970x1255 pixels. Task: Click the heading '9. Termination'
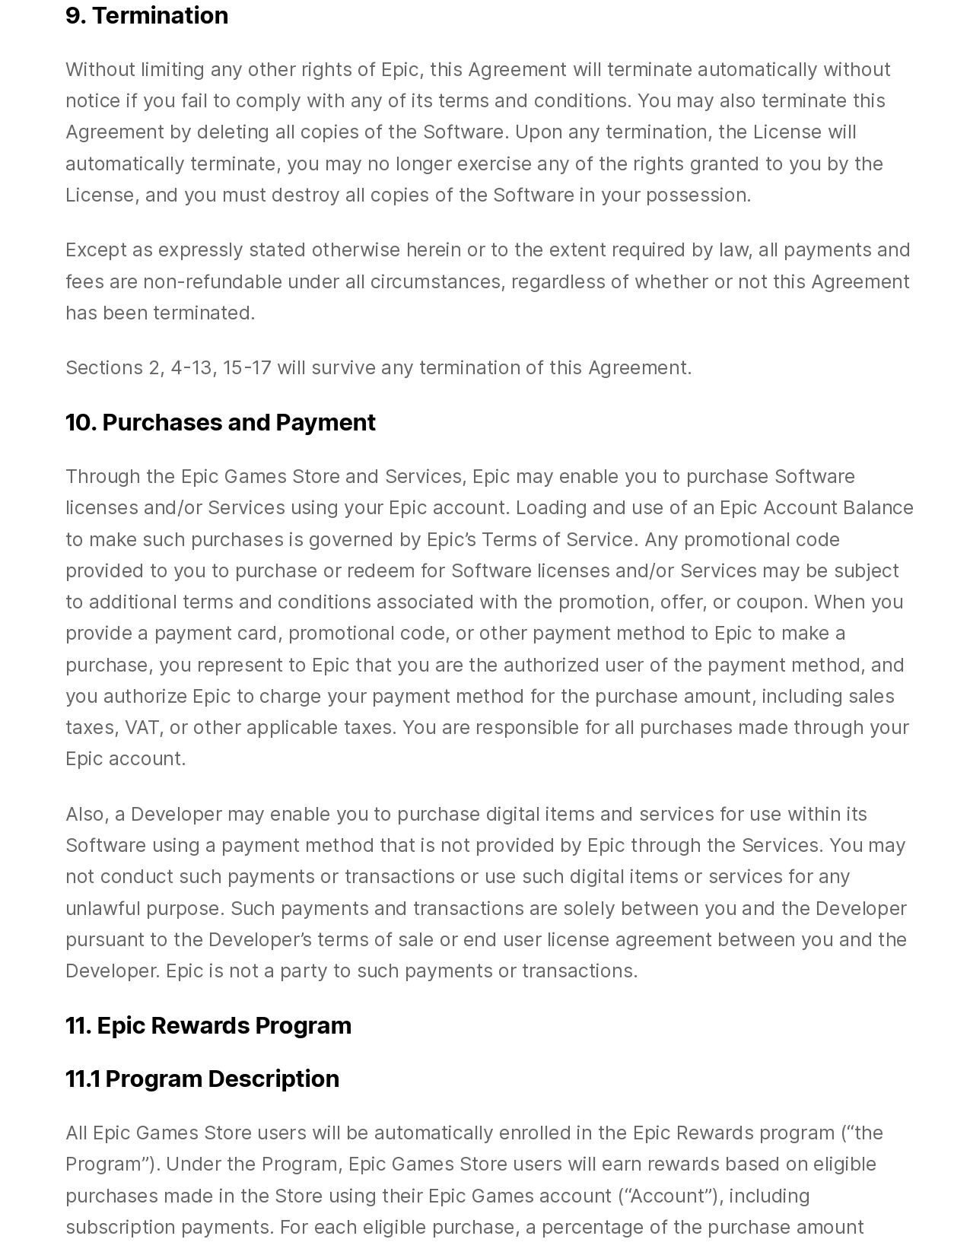click(x=147, y=15)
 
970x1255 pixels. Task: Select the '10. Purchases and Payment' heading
click(x=221, y=422)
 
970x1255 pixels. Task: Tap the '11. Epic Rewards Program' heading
click(x=208, y=1025)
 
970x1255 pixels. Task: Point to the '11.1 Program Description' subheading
click(x=202, y=1079)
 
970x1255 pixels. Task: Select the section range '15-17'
click(x=247, y=368)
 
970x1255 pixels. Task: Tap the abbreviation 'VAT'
click(x=142, y=728)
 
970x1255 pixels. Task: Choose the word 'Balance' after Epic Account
click(x=877, y=508)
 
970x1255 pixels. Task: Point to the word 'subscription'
click(x=120, y=1228)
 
